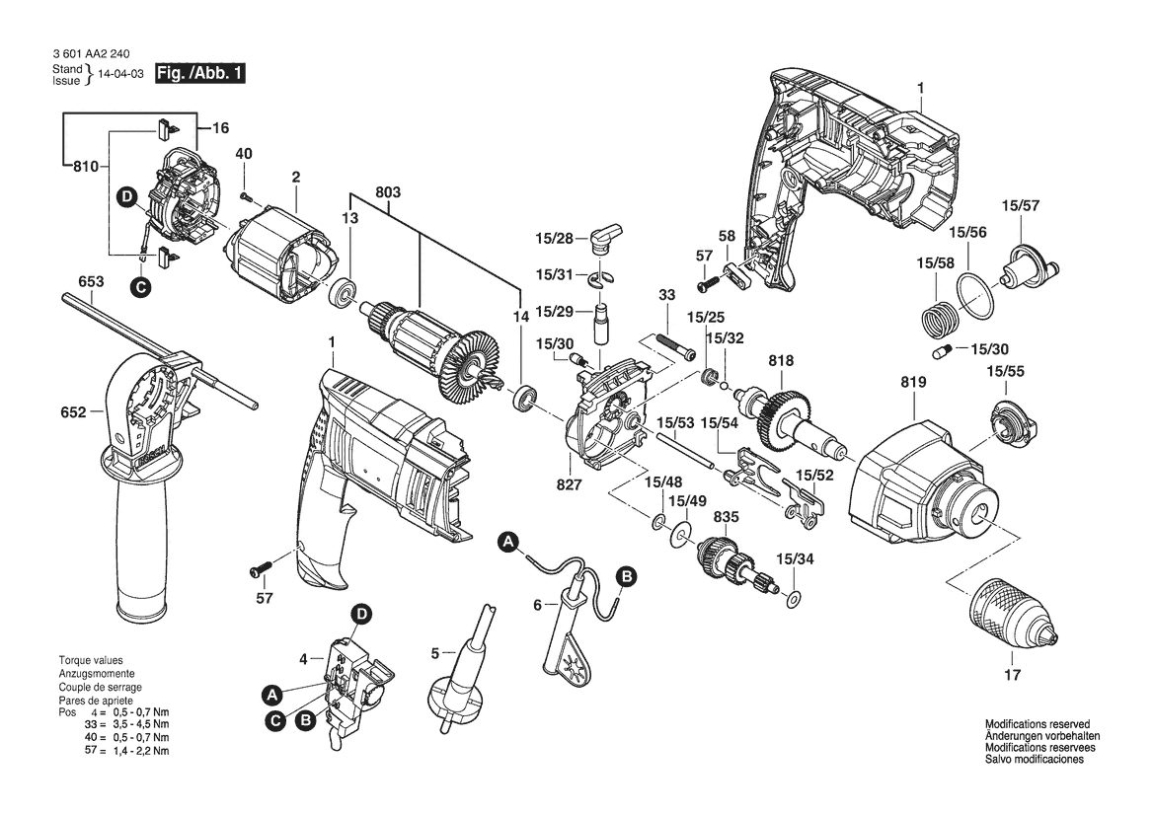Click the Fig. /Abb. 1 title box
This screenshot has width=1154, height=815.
[x=199, y=74]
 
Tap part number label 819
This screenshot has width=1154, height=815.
[x=913, y=383]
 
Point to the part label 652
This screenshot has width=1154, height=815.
[x=74, y=412]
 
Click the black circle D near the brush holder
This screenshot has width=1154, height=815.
[x=126, y=196]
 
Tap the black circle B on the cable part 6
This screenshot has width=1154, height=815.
[x=626, y=576]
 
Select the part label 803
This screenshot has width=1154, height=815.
[x=388, y=192]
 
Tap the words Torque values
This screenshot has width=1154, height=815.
[x=91, y=660]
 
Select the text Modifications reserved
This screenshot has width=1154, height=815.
[x=1038, y=724]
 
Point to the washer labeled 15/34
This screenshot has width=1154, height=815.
[x=794, y=597]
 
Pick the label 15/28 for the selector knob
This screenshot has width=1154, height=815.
[x=554, y=239]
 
